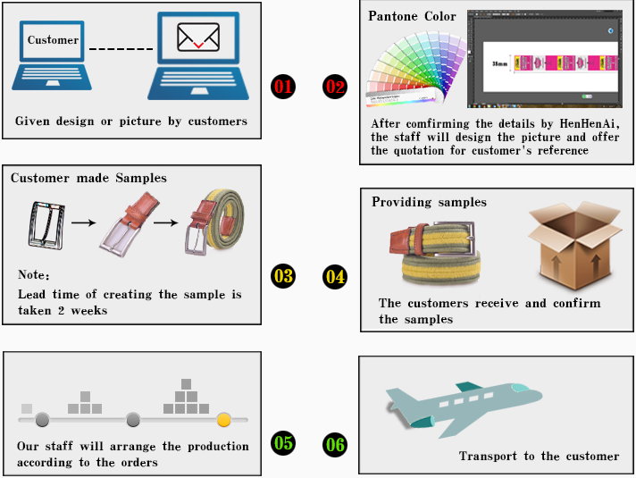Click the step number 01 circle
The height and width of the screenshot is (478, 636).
[282, 87]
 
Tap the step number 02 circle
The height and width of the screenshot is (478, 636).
[335, 87]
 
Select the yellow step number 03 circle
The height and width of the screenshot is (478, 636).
[282, 276]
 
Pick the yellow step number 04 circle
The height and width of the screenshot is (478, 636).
[335, 277]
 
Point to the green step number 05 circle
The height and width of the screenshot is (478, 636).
[282, 442]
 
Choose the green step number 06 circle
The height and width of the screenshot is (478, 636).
[335, 443]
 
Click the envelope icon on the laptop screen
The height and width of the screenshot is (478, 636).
[198, 38]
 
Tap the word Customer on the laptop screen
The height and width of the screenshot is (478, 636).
[53, 40]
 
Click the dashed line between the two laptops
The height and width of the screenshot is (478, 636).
[121, 50]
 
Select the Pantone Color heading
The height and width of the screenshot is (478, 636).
[412, 16]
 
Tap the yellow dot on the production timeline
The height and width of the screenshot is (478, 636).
[223, 418]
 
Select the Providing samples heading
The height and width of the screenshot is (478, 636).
[429, 202]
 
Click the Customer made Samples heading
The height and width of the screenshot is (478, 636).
[88, 178]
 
